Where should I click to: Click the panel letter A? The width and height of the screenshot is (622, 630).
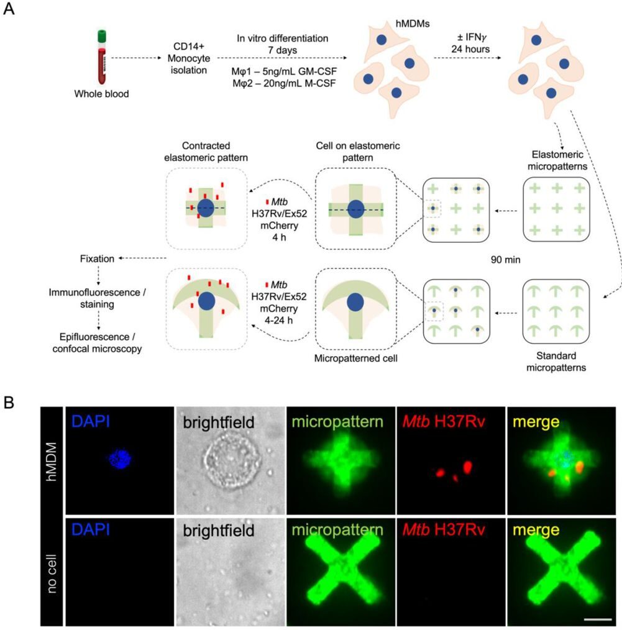coord(11,12)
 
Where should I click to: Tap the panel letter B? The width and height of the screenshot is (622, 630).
coord(11,403)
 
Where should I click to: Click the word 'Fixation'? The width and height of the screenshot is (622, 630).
coord(98,258)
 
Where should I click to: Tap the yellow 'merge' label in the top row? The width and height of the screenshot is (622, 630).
coord(533,422)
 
